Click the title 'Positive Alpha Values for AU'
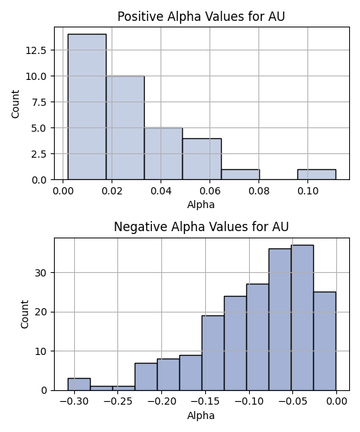(x=201, y=17)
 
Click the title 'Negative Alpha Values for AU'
(x=201, y=227)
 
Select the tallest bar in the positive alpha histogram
(x=87, y=107)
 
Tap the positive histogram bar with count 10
(x=125, y=127)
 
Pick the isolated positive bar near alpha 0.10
(x=317, y=174)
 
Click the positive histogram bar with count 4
(x=202, y=159)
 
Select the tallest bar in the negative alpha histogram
(x=302, y=318)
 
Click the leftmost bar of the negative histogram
(x=79, y=384)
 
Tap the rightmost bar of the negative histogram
(x=325, y=341)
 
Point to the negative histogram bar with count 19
(x=213, y=353)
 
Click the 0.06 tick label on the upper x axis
(x=210, y=191)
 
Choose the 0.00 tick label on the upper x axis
(x=63, y=191)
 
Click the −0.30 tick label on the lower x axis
(x=74, y=402)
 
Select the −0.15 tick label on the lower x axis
(x=205, y=402)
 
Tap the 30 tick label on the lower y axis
(x=41, y=273)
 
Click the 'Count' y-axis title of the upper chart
(x=15, y=104)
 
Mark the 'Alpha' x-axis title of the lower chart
(x=201, y=415)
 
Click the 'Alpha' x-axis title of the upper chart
(x=201, y=205)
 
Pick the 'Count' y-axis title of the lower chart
(x=24, y=315)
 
